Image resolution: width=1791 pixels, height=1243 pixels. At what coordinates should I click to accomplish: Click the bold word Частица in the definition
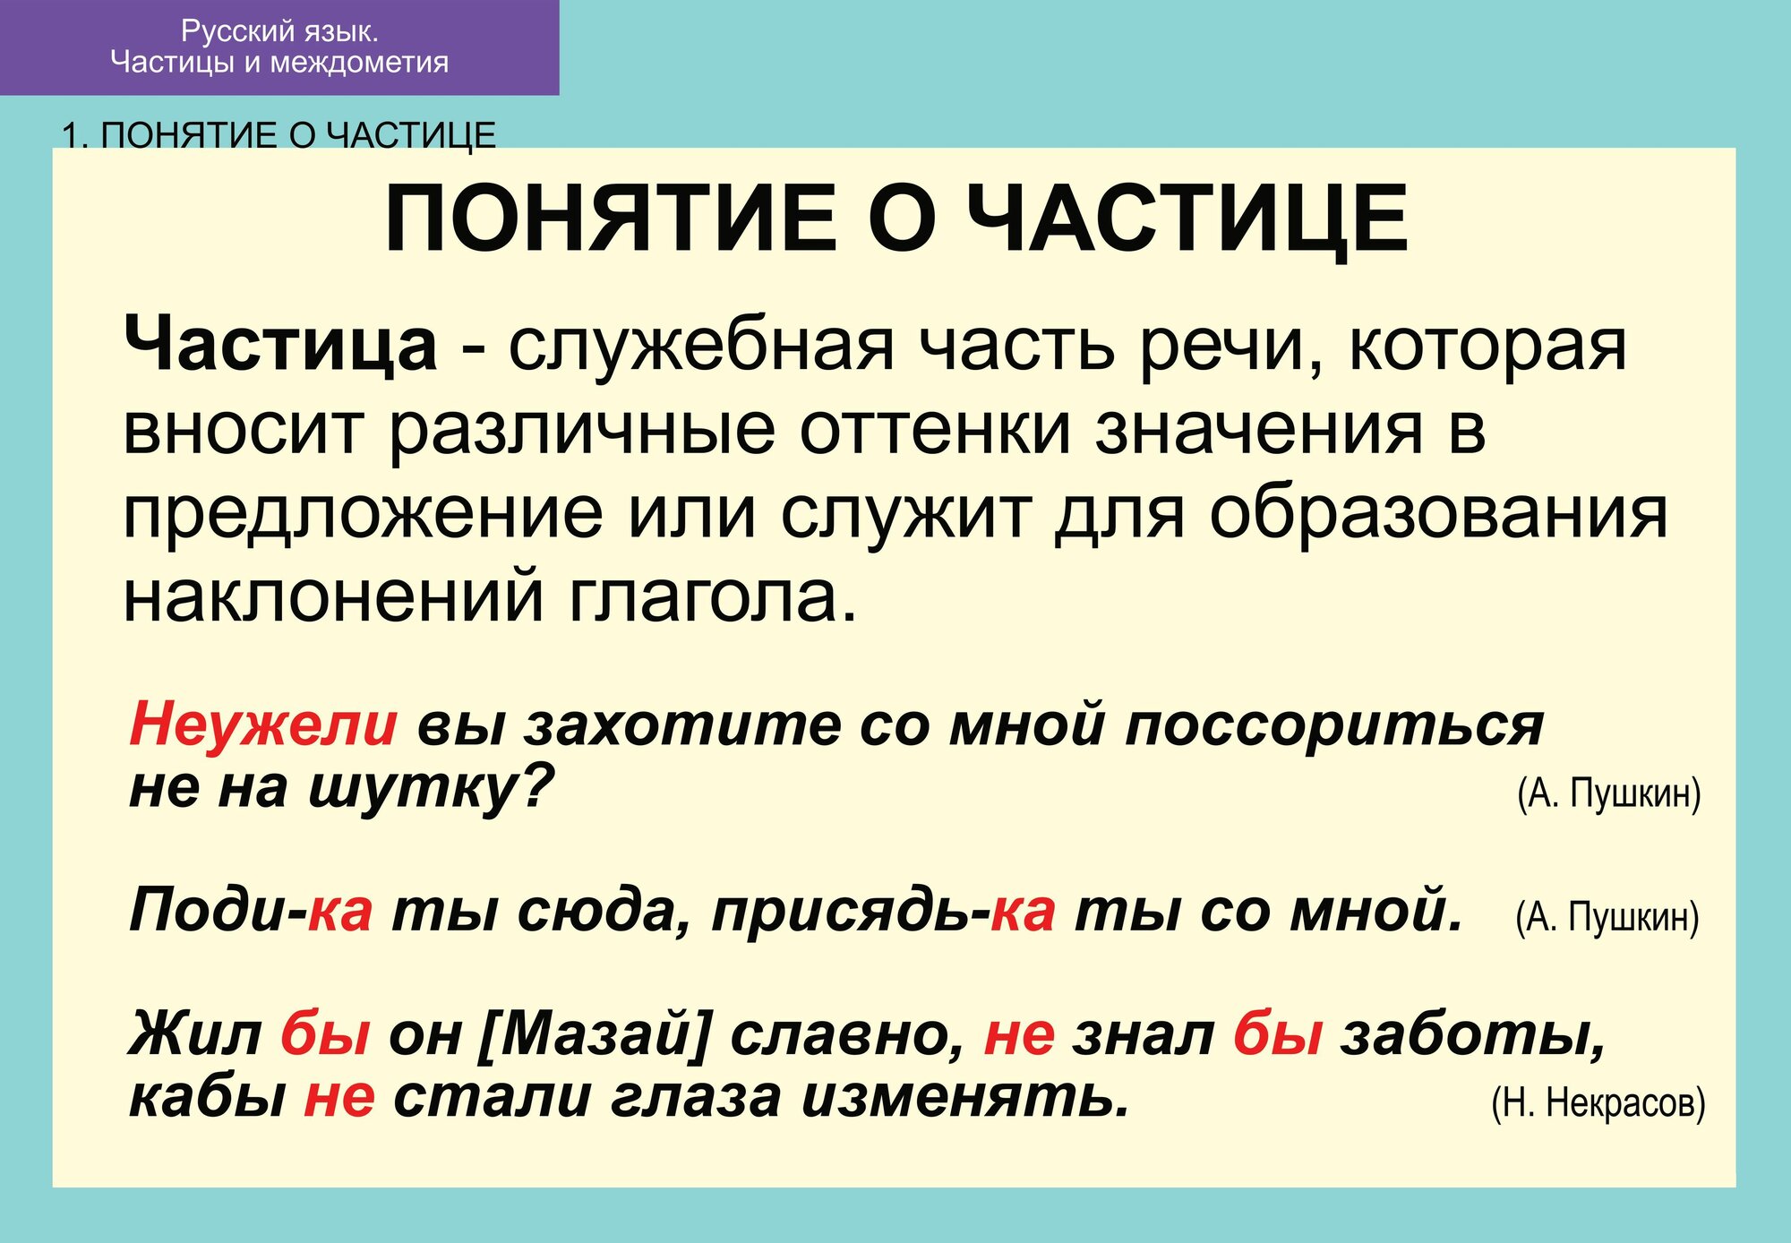click(280, 346)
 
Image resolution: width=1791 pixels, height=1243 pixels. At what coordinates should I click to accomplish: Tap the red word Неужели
click(263, 724)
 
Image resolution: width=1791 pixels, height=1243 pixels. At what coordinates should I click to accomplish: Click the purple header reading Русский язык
click(279, 47)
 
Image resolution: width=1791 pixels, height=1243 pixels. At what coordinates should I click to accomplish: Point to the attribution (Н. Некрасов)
click(1598, 1102)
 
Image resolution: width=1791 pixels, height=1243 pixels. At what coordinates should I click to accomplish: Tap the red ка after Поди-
click(340, 912)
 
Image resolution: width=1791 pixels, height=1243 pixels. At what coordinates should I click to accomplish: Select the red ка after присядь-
click(1023, 912)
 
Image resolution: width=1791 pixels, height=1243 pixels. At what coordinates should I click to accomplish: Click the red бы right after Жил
click(325, 1034)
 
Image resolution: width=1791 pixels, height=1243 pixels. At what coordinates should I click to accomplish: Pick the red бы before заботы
click(1278, 1034)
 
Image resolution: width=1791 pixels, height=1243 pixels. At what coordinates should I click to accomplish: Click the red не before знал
click(1019, 1034)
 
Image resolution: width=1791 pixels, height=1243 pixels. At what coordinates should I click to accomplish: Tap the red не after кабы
click(339, 1097)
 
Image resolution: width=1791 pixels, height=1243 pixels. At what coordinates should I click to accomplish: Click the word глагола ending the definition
click(712, 597)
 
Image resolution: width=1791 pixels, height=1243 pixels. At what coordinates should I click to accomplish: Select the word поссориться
click(1334, 724)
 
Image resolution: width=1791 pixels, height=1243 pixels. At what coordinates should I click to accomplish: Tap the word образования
click(1438, 515)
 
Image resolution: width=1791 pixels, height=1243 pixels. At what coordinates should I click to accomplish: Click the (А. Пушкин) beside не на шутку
click(1608, 793)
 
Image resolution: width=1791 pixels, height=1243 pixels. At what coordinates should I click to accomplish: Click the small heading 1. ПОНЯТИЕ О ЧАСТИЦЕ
click(279, 135)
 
